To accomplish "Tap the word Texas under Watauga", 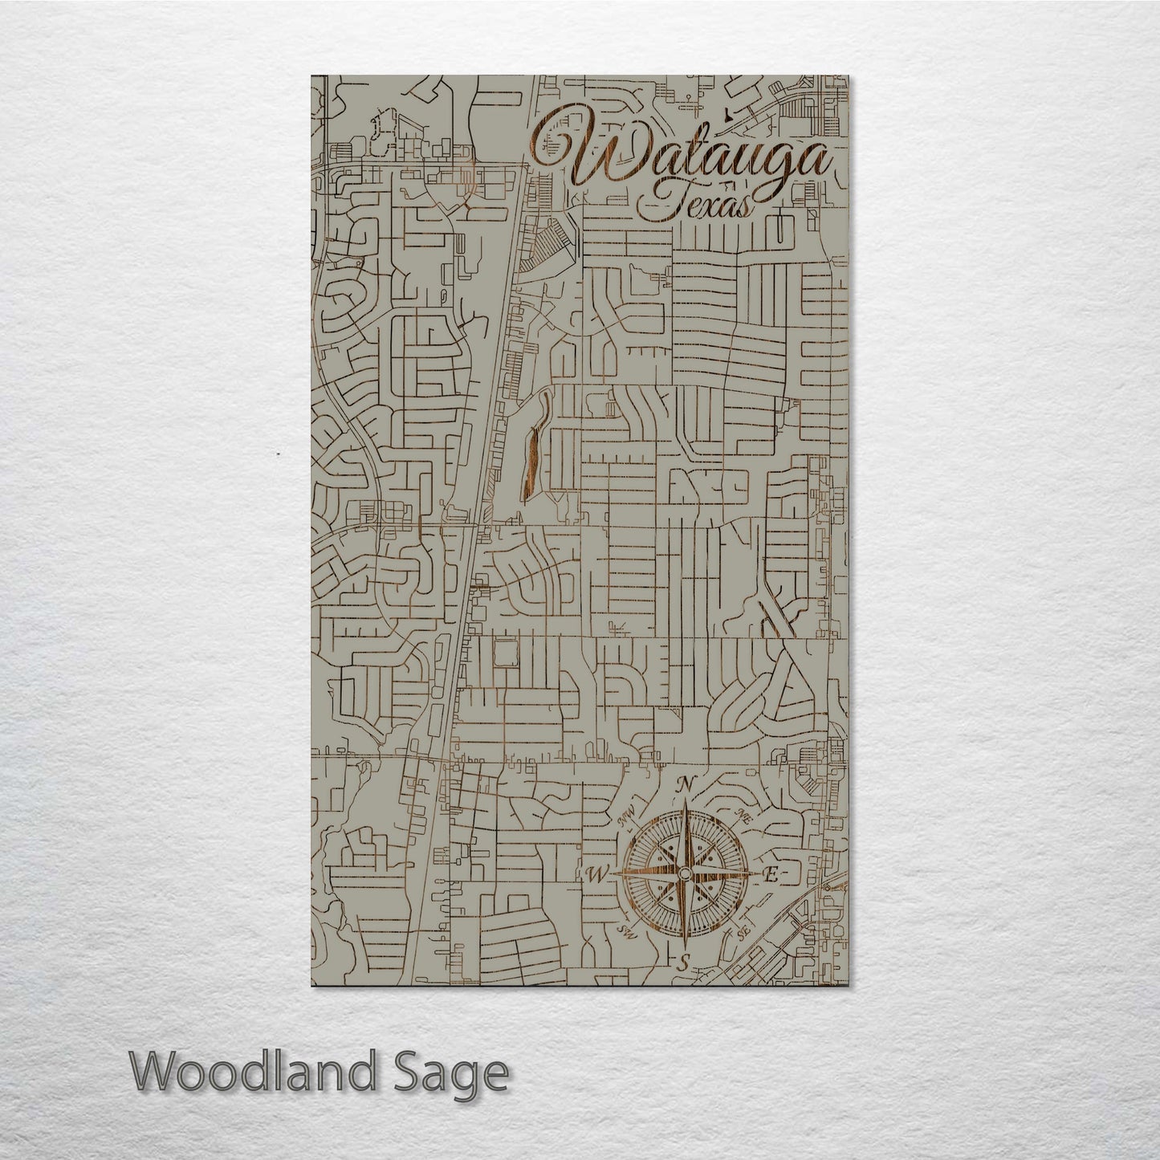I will coord(696,205).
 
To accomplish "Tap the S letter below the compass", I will coord(684,964).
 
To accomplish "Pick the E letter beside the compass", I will coord(768,876).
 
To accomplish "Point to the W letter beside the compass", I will coord(598,875).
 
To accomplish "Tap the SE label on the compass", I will coord(742,933).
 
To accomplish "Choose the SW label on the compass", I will coord(626,933).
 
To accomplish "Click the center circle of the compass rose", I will coord(684,875).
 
